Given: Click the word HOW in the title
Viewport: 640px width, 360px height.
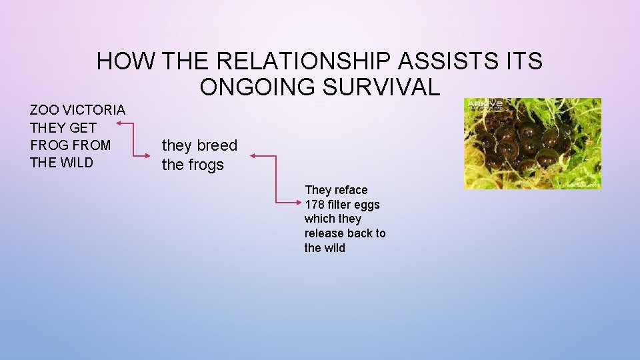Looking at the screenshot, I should pyautogui.click(x=125, y=61).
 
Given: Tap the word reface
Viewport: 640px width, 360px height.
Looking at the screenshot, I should pyautogui.click(x=351, y=190).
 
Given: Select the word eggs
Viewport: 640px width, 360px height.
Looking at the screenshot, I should pyautogui.click(x=367, y=205).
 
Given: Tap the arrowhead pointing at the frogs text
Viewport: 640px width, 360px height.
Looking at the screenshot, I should pyautogui.click(x=253, y=157).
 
